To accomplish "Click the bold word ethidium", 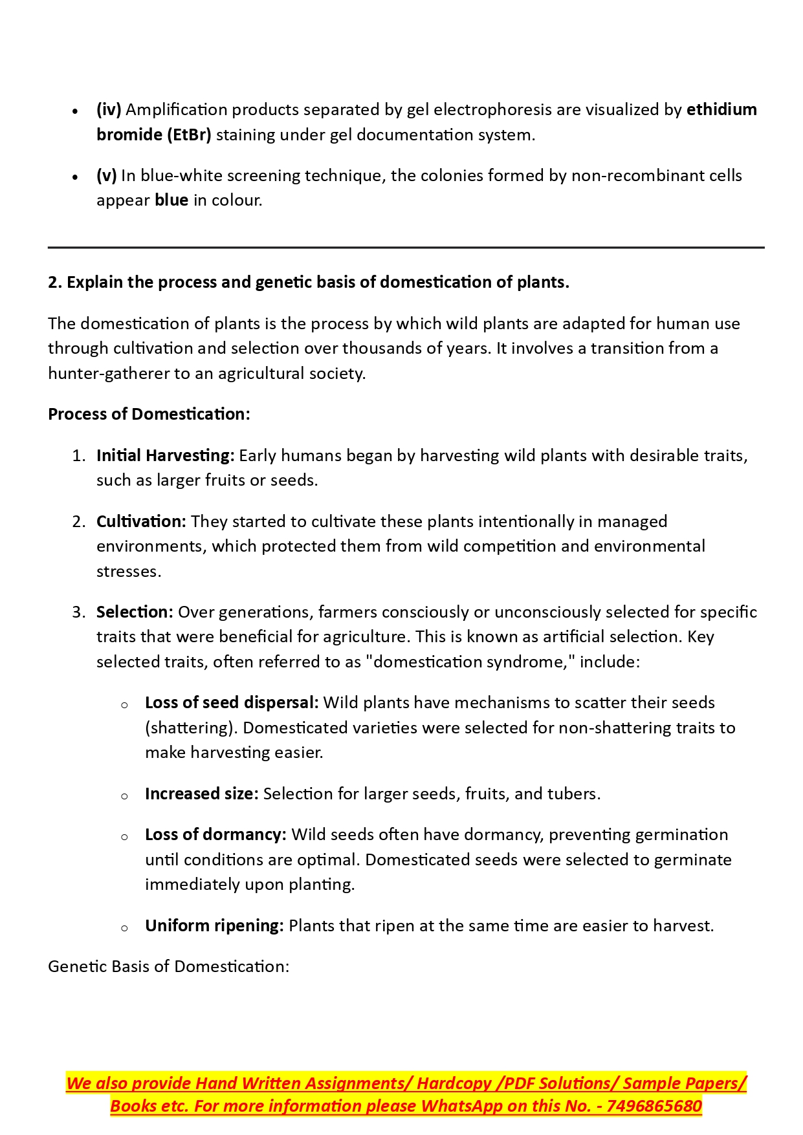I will (721, 109).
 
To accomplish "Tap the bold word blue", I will (171, 200).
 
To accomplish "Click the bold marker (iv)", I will (109, 109).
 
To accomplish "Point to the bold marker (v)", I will (107, 175).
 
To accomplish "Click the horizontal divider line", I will (406, 247).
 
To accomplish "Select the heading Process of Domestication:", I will (149, 414).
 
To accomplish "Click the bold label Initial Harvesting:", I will (165, 455).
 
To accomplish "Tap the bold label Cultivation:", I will (141, 521).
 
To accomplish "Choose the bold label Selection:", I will (135, 612).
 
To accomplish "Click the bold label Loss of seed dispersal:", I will (232, 702).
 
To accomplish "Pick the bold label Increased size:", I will (202, 794).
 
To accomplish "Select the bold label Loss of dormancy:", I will (215, 834).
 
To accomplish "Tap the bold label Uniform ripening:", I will (214, 925).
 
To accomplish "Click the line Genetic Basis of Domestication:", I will (168, 966).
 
